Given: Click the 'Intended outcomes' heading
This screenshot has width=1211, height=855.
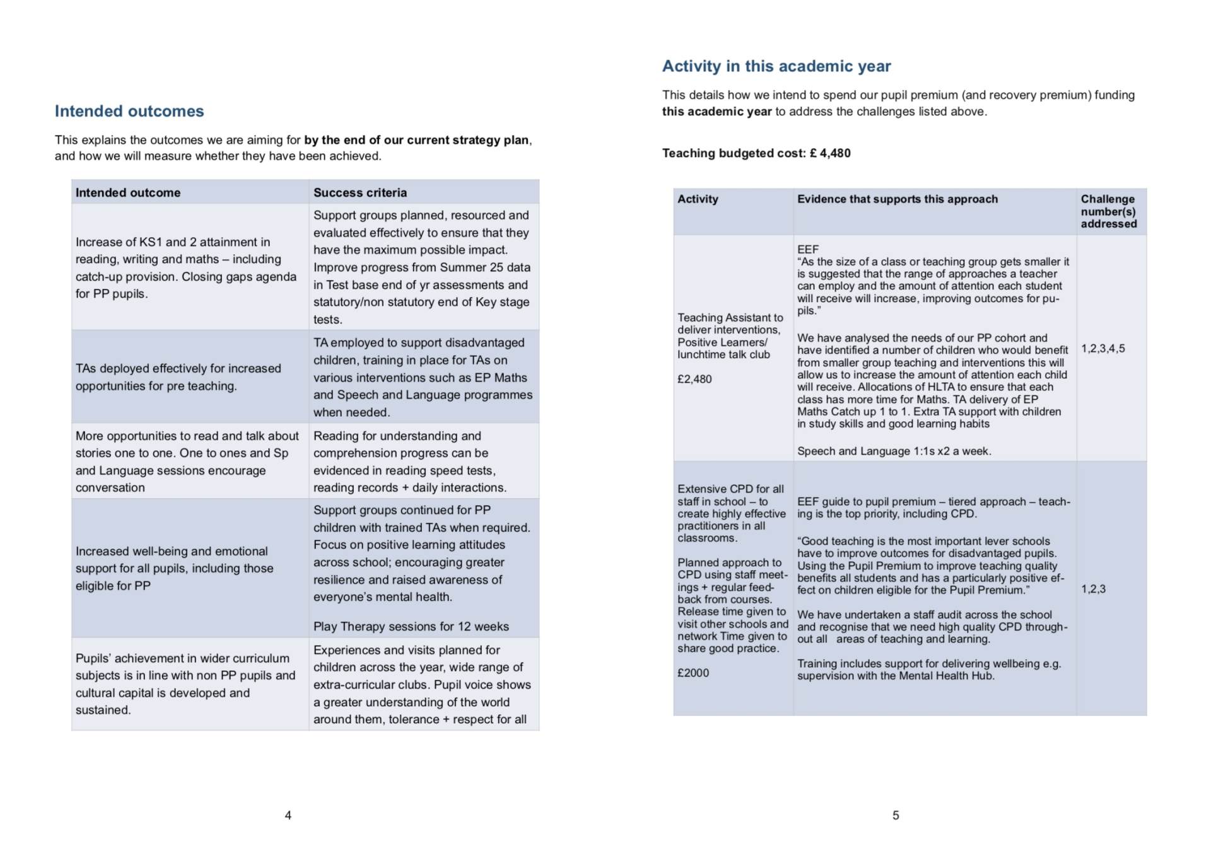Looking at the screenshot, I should [x=129, y=111].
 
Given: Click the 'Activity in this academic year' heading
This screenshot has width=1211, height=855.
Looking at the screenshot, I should [x=776, y=66].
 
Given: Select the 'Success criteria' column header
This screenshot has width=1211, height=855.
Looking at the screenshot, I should [x=360, y=192].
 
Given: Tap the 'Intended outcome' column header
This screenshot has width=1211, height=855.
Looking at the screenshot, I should [x=128, y=192].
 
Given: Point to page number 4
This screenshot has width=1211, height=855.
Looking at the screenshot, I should [x=288, y=815].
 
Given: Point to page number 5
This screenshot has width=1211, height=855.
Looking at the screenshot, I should [x=896, y=815].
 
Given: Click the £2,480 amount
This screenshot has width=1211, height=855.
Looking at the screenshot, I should [x=694, y=379].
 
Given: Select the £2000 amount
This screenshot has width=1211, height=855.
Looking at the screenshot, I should [x=693, y=673].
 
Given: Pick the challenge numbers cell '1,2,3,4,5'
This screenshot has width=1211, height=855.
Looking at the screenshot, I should [x=1103, y=348].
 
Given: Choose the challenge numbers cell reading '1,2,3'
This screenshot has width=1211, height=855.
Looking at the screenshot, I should [x=1093, y=589].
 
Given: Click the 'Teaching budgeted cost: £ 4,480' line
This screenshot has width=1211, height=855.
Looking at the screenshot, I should [x=756, y=153].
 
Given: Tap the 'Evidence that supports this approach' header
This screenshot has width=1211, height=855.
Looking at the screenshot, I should [x=897, y=199].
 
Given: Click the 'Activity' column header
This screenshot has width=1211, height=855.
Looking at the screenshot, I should [x=698, y=199].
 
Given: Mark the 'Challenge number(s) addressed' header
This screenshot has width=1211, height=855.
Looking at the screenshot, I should [x=1108, y=211].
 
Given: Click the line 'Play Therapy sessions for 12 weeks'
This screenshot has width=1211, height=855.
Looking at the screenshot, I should [x=411, y=626].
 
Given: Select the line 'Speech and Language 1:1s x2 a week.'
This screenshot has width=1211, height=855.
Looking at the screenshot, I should [x=894, y=451].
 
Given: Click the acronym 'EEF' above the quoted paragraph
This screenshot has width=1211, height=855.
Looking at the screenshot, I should [x=807, y=249].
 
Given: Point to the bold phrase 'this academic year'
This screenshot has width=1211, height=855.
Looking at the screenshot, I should [x=717, y=112].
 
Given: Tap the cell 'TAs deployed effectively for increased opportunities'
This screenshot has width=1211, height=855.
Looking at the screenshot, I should [x=178, y=377].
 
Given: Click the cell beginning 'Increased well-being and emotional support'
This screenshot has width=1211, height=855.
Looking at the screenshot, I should [x=174, y=568].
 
